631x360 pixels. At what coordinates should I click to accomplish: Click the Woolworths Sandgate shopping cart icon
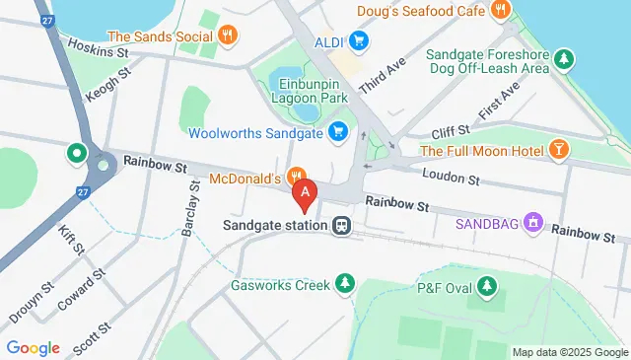click(338, 130)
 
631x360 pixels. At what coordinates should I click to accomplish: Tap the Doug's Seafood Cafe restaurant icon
click(501, 10)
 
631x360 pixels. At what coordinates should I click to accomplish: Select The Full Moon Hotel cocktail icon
click(559, 150)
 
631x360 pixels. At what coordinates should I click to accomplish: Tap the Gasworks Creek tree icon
click(344, 286)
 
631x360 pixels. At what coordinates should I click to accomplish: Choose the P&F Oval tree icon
click(485, 286)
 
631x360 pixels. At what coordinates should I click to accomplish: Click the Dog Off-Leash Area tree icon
click(563, 59)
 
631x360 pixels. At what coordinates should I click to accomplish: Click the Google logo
click(34, 347)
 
